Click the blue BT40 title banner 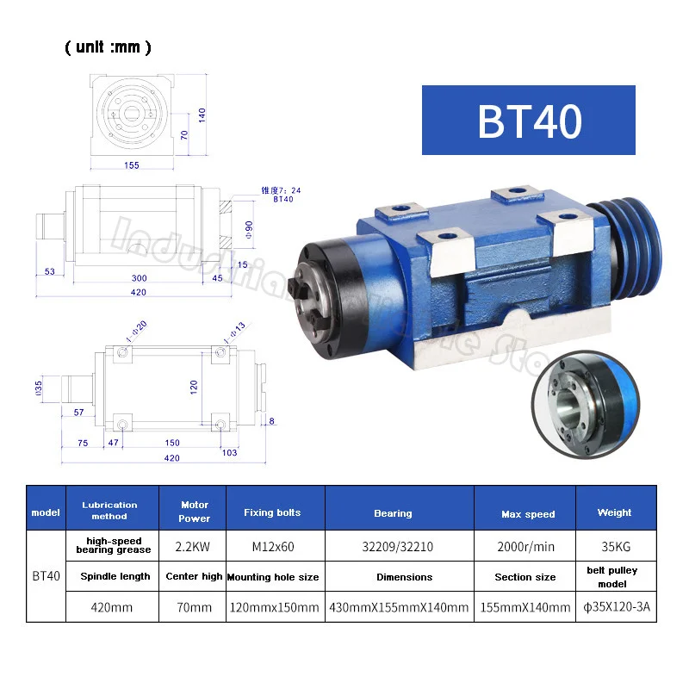(x=528, y=120)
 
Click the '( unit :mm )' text (x=108, y=47)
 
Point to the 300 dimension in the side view (x=139, y=279)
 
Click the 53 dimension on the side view (x=50, y=272)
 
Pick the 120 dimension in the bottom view (x=194, y=388)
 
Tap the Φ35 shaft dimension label (x=38, y=388)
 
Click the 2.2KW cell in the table (x=195, y=544)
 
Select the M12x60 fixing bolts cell (x=272, y=544)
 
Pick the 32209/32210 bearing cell (x=393, y=544)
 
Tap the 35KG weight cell (x=614, y=544)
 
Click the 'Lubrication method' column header (x=109, y=510)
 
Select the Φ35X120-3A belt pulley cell (x=614, y=606)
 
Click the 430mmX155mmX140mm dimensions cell (x=399, y=606)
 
